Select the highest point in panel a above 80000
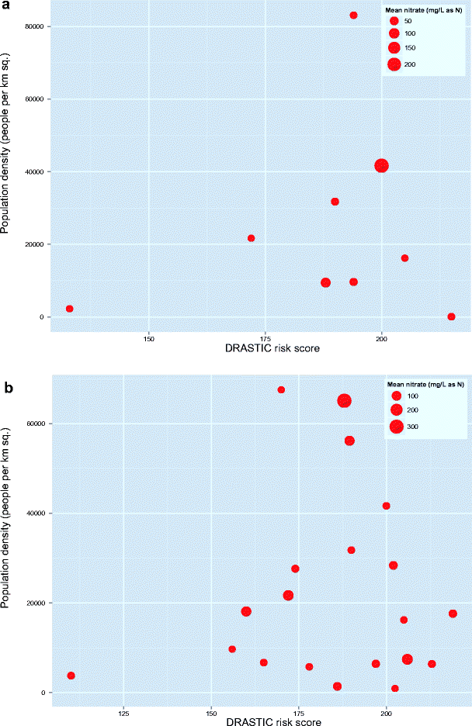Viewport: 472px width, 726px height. pos(353,16)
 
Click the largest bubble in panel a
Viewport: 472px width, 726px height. pos(381,165)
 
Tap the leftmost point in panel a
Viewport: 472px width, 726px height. pos(70,309)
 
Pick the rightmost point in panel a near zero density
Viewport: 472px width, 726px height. pos(451,316)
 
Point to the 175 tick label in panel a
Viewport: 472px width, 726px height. pos(265,339)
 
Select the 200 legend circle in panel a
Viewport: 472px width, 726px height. pos(394,64)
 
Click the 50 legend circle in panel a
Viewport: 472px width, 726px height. pos(394,21)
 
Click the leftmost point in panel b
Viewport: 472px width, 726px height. pos(71,676)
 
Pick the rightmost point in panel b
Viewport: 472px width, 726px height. pos(453,614)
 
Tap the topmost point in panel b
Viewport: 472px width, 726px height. pos(281,389)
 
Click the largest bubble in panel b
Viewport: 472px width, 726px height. pos(345,401)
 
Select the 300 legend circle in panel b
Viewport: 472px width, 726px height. pos(396,426)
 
